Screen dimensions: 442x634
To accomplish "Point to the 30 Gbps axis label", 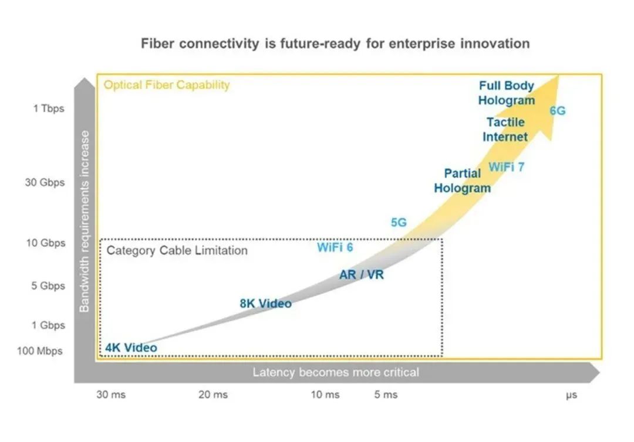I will [x=45, y=182].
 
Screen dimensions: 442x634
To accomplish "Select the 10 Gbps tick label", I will [x=45, y=243].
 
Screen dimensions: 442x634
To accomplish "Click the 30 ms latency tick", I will [x=111, y=395].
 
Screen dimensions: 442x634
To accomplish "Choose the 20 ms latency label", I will [x=213, y=395].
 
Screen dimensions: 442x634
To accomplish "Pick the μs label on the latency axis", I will [x=571, y=395].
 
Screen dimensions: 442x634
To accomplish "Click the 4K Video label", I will [x=131, y=348].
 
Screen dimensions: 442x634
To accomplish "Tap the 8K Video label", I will [x=265, y=303].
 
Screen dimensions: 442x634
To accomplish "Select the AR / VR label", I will [x=362, y=274].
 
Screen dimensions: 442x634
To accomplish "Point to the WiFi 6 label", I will [x=335, y=247].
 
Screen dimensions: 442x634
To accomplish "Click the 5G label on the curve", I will [x=399, y=222].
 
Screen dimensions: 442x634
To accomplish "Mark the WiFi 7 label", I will [x=507, y=166].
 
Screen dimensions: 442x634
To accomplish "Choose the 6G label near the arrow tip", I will [x=557, y=110].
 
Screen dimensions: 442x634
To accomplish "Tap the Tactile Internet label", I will [x=505, y=130].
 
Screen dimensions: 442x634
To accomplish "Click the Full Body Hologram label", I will [x=506, y=93].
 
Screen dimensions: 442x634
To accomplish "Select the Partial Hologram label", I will [x=462, y=181].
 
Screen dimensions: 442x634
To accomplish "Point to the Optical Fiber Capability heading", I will [x=167, y=85].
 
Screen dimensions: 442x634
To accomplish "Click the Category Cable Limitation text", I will [x=177, y=250].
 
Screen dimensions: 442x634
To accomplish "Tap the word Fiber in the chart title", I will [x=158, y=43].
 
